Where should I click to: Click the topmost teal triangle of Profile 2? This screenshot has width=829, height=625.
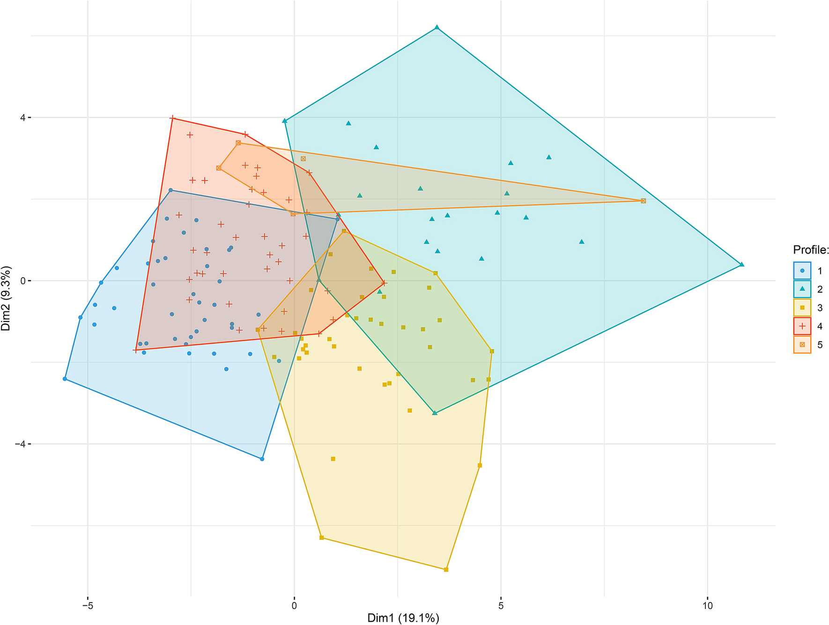pyautogui.click(x=437, y=27)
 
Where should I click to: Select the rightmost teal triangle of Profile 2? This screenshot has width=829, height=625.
pyautogui.click(x=741, y=264)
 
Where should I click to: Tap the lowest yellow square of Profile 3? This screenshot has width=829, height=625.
pyautogui.click(x=446, y=570)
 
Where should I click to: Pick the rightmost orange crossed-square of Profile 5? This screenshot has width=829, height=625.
pyautogui.click(x=643, y=201)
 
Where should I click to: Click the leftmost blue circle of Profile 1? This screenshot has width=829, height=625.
pyautogui.click(x=65, y=379)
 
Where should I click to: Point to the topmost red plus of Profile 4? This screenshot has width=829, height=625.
pyautogui.click(x=173, y=118)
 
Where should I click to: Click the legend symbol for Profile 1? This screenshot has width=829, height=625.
pyautogui.click(x=802, y=271)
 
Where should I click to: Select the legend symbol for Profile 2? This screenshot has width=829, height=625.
pyautogui.click(x=802, y=289)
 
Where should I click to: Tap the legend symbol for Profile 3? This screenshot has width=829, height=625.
pyautogui.click(x=802, y=308)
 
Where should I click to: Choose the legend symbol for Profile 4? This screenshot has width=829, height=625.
pyautogui.click(x=802, y=326)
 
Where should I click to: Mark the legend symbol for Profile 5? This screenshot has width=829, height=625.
pyautogui.click(x=802, y=345)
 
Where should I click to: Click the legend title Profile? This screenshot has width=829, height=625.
pyautogui.click(x=811, y=249)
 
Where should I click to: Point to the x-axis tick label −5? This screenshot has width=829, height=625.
pyautogui.click(x=87, y=606)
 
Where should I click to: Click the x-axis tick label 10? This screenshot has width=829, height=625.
pyautogui.click(x=708, y=606)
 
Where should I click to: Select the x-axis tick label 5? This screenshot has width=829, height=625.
pyautogui.click(x=501, y=606)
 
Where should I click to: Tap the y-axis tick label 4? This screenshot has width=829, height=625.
pyautogui.click(x=22, y=118)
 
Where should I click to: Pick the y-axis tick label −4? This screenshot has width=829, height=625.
pyautogui.click(x=19, y=444)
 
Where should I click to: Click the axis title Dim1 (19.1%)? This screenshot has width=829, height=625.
pyautogui.click(x=403, y=618)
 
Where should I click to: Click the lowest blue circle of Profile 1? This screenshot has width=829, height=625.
pyautogui.click(x=262, y=459)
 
